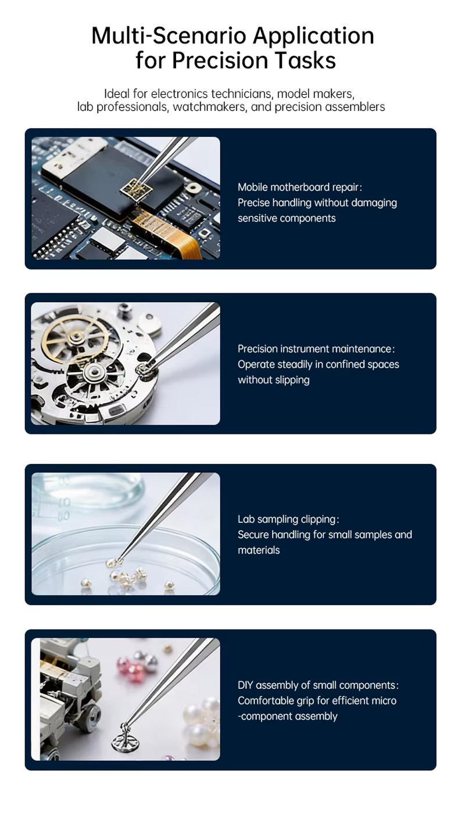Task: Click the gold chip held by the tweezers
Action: pos(136,189)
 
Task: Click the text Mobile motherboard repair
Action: pos(299,187)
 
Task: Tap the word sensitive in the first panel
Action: pos(257,218)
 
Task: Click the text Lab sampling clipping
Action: pos(288,519)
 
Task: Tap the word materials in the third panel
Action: pos(259,550)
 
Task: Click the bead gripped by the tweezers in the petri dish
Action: pos(114,563)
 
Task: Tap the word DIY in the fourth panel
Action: pos(245,685)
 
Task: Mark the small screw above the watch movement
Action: pos(124,310)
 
